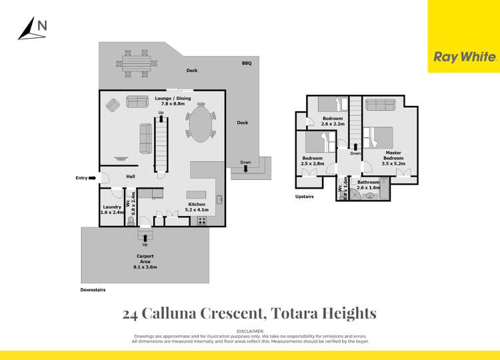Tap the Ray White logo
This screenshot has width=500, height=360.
click(465, 57)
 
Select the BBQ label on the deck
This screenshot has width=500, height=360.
click(246, 63)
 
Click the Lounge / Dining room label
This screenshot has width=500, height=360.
click(172, 101)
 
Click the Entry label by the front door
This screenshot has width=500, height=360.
click(82, 178)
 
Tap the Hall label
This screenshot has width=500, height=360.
click(131, 176)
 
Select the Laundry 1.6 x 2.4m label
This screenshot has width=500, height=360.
click(112, 209)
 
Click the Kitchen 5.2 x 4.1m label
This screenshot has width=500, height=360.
click(197, 207)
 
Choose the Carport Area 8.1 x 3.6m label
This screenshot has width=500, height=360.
click(145, 259)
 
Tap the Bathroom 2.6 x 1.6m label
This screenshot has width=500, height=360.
click(368, 185)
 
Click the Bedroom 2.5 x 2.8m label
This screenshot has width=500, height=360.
click(312, 161)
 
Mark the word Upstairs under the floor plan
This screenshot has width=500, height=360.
click(305, 197)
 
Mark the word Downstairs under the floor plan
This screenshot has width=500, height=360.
click(93, 290)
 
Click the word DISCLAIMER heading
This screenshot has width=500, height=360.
click(250, 331)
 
